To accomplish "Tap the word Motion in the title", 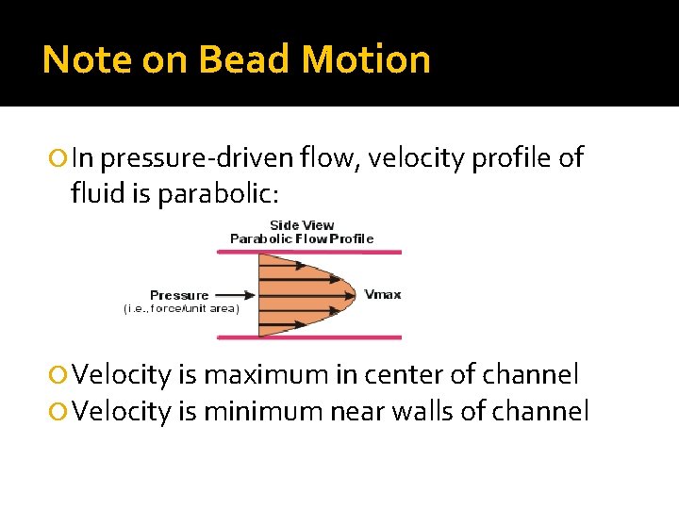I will point(366,59).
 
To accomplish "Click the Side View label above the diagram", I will point(302,224).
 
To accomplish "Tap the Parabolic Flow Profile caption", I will point(302,238).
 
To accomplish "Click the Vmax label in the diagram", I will point(383,294).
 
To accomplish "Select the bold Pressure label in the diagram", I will point(179,295).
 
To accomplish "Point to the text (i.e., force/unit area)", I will point(181,308).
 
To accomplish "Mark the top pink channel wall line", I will point(316,252).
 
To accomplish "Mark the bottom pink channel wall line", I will point(316,337).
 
